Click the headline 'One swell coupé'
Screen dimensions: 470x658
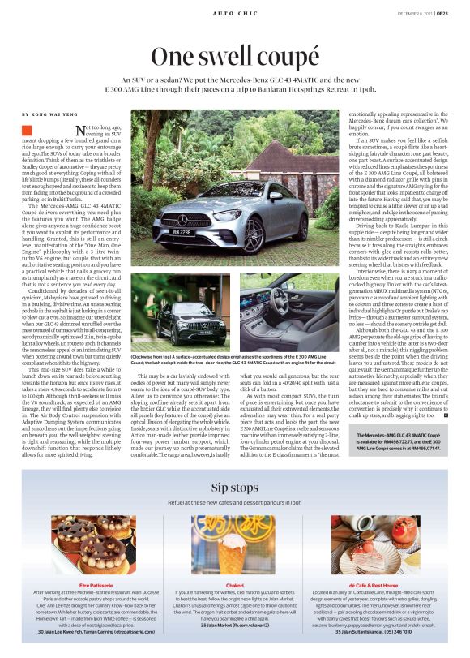234,57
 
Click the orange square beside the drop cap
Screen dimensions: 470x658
27,130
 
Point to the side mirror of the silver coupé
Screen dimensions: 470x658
276,196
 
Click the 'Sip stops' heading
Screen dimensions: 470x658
234,487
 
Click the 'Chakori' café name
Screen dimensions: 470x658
234,584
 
